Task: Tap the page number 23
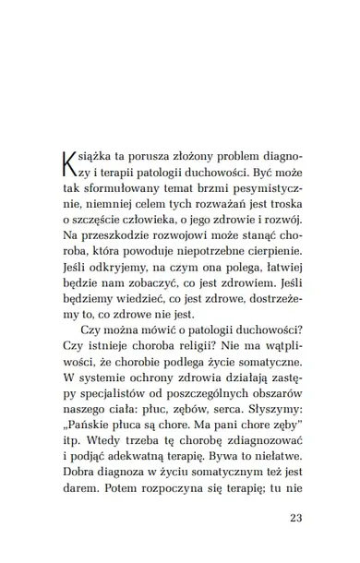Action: pos(295,517)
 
